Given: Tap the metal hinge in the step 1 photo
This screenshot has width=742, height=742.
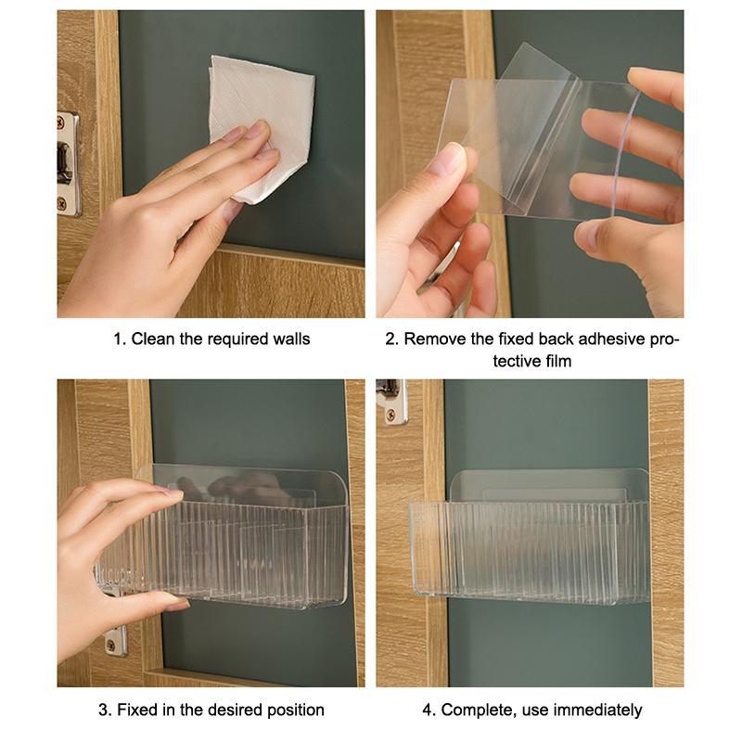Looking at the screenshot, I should coord(68,163).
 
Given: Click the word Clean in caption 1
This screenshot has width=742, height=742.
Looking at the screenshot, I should coord(151,339).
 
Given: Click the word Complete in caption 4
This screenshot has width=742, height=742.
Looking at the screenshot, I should coord(474,710).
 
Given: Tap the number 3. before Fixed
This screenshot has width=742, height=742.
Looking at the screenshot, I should coord(104,710).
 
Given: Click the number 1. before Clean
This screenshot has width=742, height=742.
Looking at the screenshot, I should coord(119,339).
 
